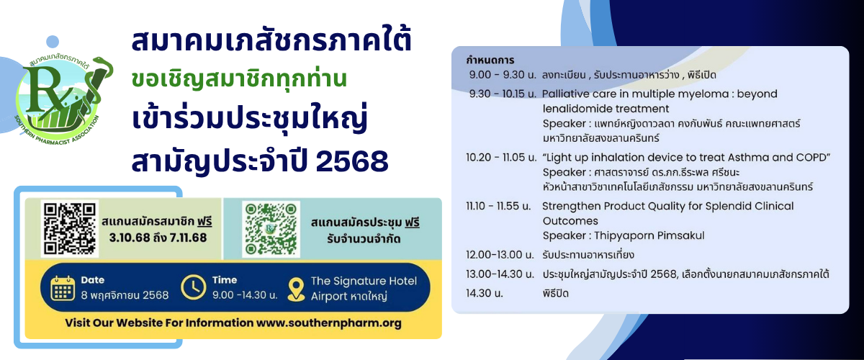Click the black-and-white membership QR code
click(69, 228)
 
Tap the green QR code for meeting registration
click(271, 229)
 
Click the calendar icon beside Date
click(63, 288)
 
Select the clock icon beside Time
click(193, 287)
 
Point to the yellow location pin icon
click(296, 289)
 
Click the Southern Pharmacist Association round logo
click(63, 101)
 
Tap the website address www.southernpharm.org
click(328, 323)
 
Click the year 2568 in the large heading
click(352, 161)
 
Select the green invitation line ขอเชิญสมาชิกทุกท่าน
click(239, 79)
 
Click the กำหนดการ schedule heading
click(490, 60)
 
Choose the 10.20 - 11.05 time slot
click(501, 158)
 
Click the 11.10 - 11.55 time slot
click(498, 206)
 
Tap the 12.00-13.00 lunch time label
click(500, 255)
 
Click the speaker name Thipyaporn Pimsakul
click(649, 235)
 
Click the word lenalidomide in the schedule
click(574, 109)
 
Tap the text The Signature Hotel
click(364, 281)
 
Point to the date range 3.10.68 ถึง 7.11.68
click(158, 238)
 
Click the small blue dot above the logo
click(53, 42)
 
